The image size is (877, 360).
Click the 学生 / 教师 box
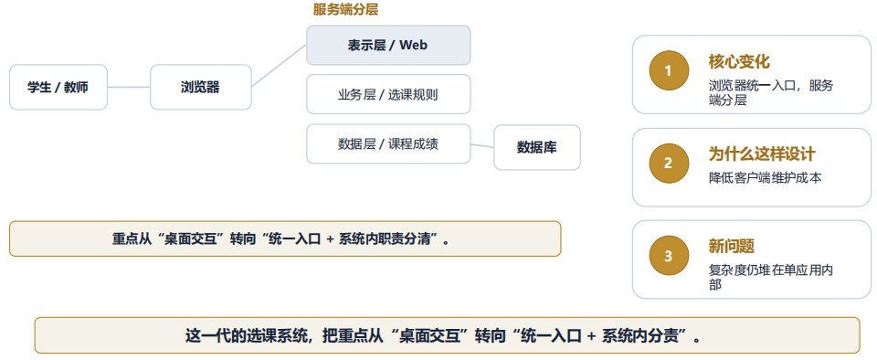point(58,87)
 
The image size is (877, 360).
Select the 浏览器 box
point(201,87)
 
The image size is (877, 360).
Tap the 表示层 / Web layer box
point(388,46)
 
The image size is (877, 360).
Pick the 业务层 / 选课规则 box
point(388,94)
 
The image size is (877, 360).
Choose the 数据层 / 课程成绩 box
point(388,144)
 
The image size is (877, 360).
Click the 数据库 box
point(537,148)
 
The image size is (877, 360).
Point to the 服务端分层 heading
point(345,9)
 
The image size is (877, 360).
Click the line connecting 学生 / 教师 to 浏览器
point(129,87)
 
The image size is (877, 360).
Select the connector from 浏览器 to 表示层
point(280,66)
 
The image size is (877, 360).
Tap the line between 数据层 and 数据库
point(482,146)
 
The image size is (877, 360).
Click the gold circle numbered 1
point(669,70)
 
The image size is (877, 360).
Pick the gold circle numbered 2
point(669,164)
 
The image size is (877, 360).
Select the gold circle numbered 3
point(669,256)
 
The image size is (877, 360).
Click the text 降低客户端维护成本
point(766,178)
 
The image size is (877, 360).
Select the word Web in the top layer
point(413,46)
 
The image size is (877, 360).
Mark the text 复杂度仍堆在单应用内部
point(771,277)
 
